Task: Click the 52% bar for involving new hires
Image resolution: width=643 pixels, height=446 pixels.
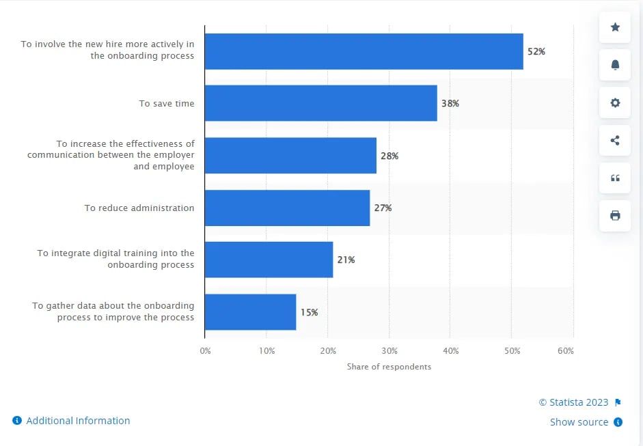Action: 364,51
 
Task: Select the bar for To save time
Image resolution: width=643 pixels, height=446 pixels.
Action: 320,103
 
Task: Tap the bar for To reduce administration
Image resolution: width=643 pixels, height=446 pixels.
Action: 287,208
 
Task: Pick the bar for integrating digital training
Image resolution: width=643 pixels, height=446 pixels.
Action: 269,260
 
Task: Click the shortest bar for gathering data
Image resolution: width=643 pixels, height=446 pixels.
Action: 250,312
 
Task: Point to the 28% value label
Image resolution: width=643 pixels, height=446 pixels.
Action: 389,156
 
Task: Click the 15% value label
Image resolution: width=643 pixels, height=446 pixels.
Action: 309,312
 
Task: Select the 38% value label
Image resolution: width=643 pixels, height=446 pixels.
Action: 450,103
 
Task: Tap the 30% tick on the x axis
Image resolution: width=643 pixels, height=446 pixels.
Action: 389,350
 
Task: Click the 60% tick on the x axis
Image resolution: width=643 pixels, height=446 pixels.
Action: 565,350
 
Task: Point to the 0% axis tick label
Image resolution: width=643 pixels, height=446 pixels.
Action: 205,350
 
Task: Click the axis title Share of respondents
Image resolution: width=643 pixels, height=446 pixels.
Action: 389,367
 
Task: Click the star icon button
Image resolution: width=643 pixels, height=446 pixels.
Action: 615,27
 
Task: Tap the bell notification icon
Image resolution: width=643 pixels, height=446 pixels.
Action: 615,65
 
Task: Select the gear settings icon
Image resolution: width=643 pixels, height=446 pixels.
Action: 615,102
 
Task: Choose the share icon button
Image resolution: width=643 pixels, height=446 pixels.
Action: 615,141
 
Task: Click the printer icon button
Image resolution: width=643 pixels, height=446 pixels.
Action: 615,216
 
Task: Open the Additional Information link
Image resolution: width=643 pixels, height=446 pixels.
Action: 77,421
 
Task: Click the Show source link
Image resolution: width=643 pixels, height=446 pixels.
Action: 579,422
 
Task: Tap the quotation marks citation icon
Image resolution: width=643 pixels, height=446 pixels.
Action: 615,178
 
